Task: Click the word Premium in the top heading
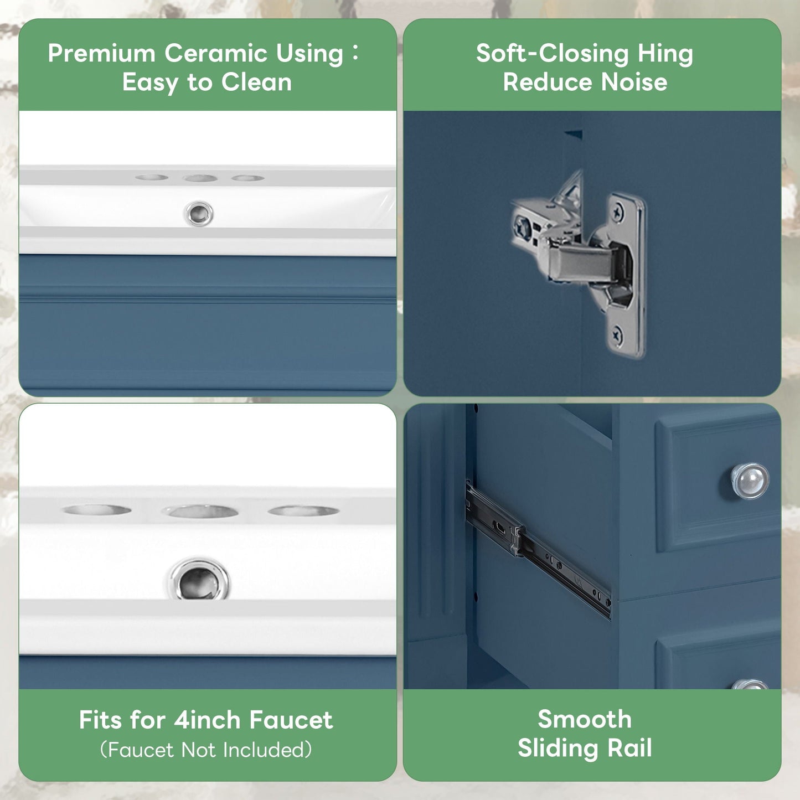click(101, 54)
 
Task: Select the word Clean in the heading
click(256, 82)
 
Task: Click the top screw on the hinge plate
click(618, 213)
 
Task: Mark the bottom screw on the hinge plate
click(617, 334)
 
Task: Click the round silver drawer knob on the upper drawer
click(750, 481)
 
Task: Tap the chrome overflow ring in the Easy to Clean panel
click(199, 214)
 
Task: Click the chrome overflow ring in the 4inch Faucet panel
click(199, 579)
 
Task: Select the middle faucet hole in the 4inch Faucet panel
click(200, 511)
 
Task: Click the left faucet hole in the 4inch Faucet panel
click(97, 509)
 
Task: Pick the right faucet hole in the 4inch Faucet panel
click(303, 510)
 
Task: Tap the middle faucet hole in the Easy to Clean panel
click(200, 178)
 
